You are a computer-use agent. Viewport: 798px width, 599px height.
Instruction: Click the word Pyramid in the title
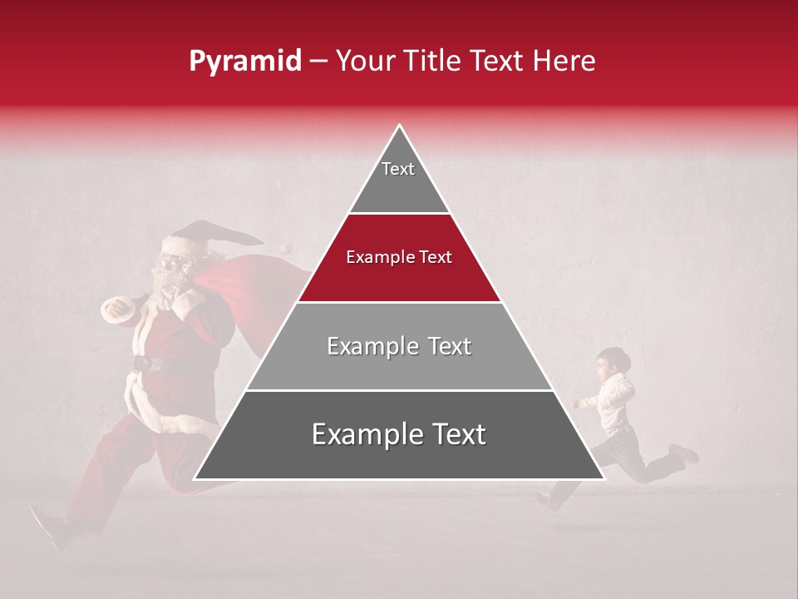point(244,62)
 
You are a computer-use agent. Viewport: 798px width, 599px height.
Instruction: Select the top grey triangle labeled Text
point(398,179)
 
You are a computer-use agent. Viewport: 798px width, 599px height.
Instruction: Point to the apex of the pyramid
point(399,126)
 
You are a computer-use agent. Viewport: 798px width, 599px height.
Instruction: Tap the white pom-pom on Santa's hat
point(286,248)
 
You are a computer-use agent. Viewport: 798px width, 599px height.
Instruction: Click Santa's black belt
point(154,363)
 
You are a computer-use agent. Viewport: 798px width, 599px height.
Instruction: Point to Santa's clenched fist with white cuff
point(116,309)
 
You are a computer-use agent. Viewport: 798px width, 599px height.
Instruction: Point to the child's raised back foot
point(686,453)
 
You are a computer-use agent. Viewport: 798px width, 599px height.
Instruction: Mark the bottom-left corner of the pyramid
point(195,478)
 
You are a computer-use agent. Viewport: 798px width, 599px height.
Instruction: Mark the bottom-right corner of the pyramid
point(603,478)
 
